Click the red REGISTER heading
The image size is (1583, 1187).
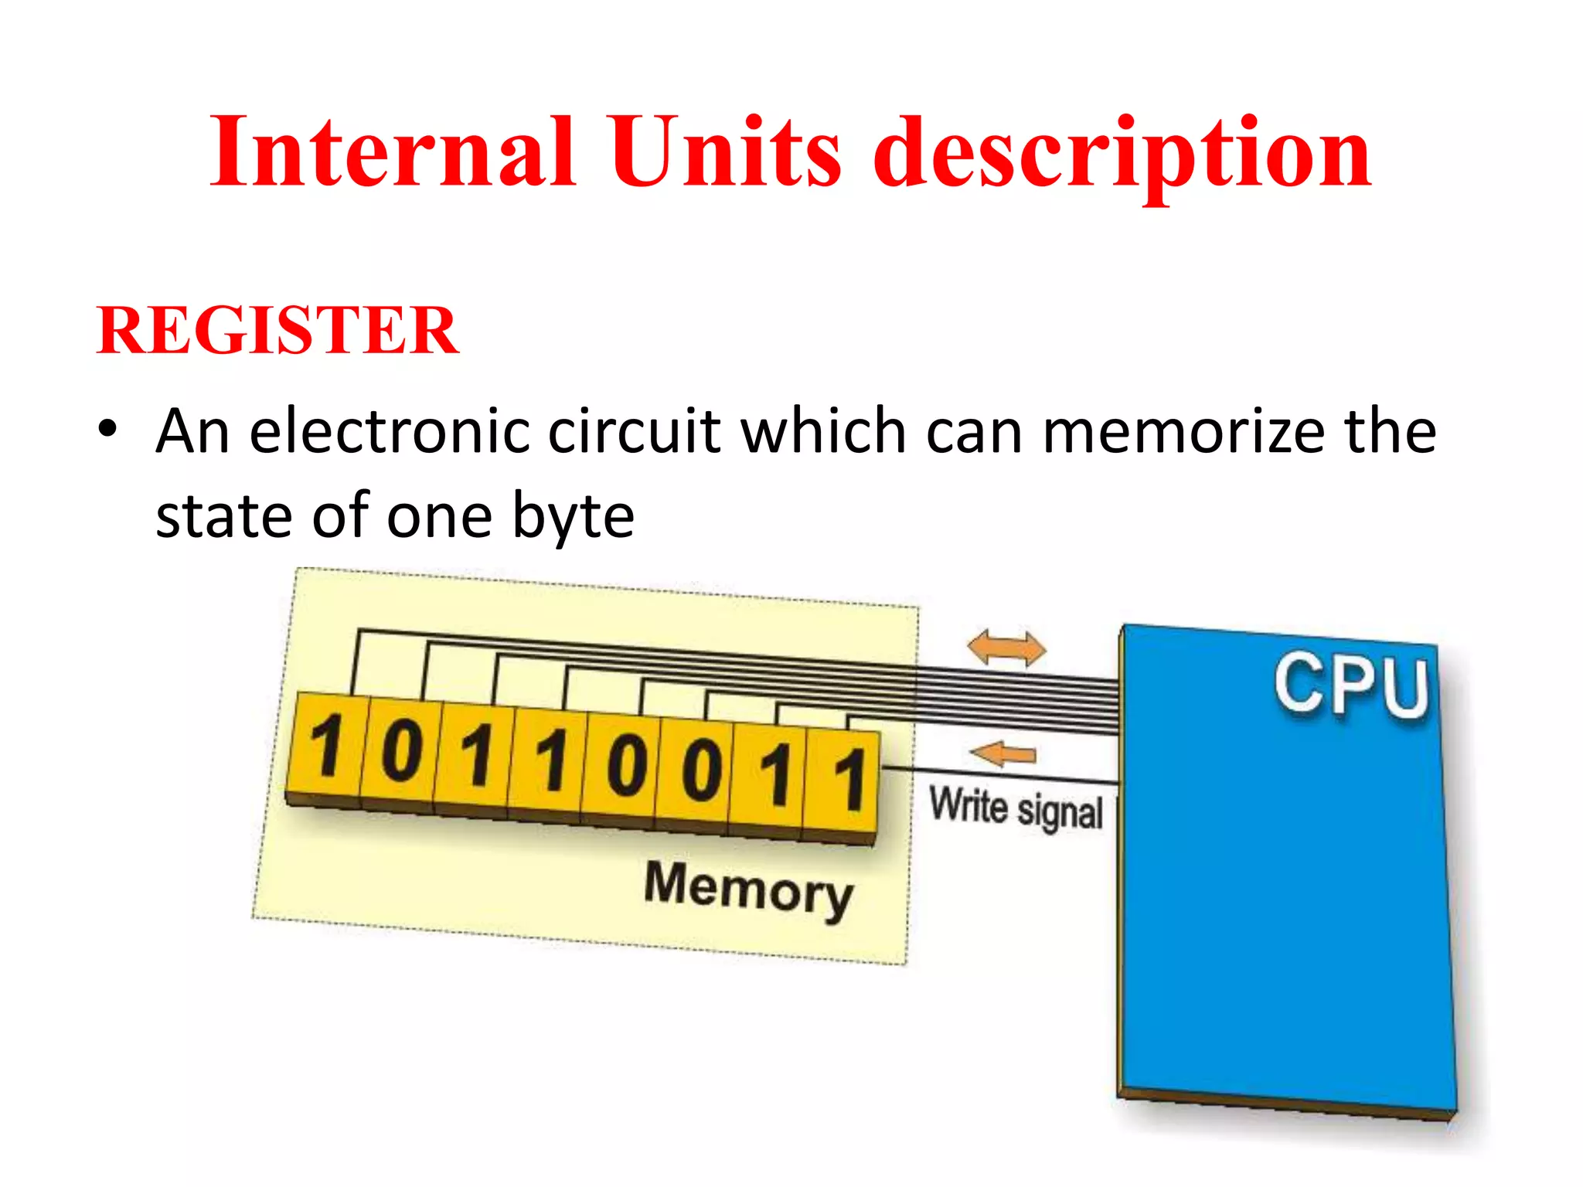click(277, 330)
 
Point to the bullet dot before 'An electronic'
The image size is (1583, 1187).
click(108, 429)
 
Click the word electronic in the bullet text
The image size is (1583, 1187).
click(390, 431)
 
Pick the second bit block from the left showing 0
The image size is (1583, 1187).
click(400, 753)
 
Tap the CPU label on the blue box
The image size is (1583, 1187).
click(1351, 685)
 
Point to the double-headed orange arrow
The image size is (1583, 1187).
click(1006, 648)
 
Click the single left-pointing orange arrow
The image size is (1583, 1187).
click(1003, 753)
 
